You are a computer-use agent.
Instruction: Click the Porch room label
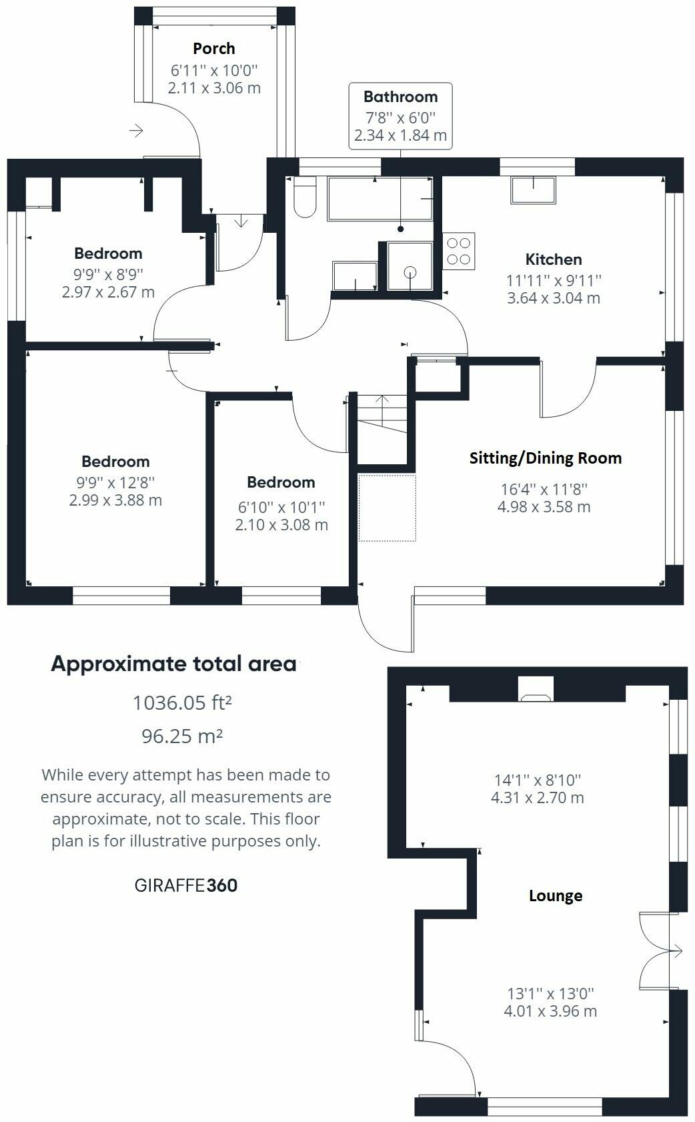coord(213,49)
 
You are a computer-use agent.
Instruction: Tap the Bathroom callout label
coord(400,97)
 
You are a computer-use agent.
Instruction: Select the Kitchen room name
coord(553,259)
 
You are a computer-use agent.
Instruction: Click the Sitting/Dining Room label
coord(545,458)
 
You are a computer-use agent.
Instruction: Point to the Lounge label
coord(555,896)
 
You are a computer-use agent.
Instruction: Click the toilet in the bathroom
coord(305,198)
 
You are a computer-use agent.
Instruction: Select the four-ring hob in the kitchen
coord(459,251)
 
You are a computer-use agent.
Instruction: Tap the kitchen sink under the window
coord(533,191)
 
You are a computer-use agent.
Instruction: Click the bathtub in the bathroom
coord(380,199)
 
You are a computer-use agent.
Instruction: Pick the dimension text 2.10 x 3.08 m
coord(281,525)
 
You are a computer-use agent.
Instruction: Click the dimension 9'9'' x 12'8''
coord(115,482)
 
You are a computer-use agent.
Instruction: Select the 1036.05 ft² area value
coord(182,702)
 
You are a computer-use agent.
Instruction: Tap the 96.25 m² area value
coord(182,736)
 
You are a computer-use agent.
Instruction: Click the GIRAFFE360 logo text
coord(186,885)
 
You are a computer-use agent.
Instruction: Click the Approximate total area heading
coord(173,664)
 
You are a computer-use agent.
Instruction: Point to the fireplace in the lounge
coord(536,690)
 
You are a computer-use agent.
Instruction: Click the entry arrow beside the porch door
coord(136,131)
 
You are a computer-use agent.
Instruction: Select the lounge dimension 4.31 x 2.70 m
coord(537,798)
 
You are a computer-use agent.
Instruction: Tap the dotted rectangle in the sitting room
coord(387,508)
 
